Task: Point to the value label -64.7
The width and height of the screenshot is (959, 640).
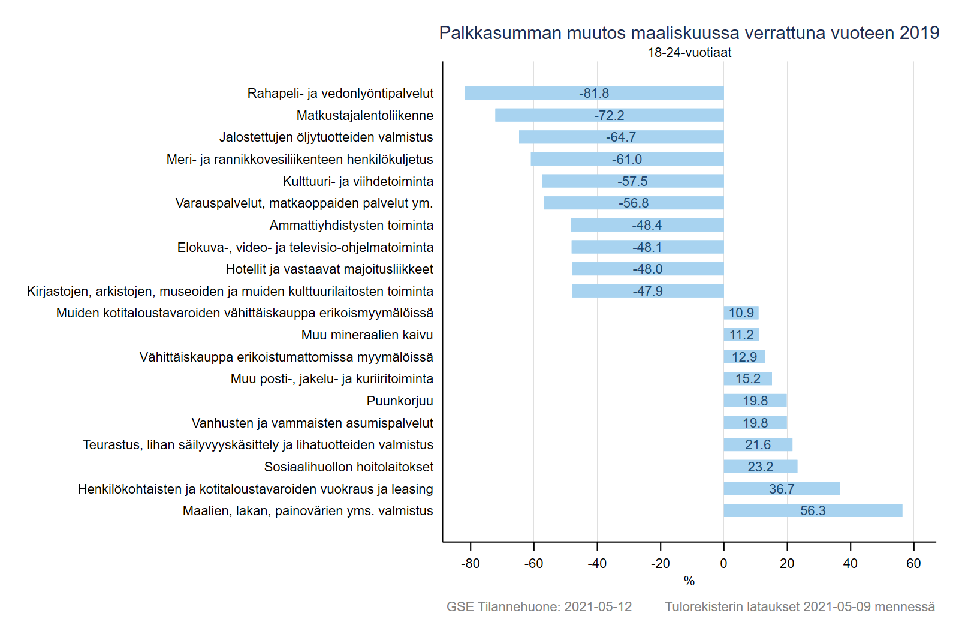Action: coord(621,137)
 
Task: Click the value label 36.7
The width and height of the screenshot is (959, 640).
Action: coord(782,489)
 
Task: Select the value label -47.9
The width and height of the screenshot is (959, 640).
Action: coord(647,291)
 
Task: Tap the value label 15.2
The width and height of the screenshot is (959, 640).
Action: coord(748,379)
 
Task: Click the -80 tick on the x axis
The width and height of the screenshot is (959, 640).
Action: coord(471,564)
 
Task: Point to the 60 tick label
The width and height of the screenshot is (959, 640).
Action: coord(913,564)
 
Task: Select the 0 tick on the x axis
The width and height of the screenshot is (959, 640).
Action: coord(723,564)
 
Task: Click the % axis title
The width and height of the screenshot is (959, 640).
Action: coord(689,581)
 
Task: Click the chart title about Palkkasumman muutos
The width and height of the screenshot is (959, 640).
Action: coord(689,33)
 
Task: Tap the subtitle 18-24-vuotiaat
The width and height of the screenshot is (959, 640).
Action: coord(689,53)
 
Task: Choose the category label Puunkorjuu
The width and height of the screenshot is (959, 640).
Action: coord(400,401)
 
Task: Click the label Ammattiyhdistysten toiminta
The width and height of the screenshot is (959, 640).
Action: coord(351,225)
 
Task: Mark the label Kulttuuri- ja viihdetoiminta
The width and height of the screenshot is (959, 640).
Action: coord(358,181)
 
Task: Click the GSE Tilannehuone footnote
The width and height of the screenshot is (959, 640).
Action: coord(539,606)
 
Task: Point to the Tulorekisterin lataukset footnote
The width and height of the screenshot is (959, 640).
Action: coord(800,606)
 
